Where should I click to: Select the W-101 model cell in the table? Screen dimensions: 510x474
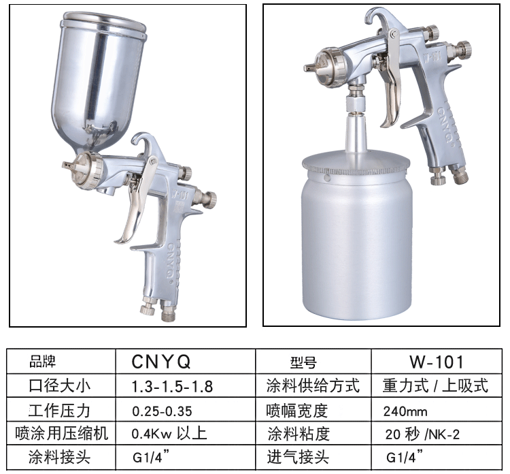[437, 362]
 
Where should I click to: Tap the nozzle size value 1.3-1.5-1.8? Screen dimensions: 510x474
[172, 386]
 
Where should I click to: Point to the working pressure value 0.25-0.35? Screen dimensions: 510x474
[162, 411]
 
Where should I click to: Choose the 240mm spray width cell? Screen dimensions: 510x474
[405, 411]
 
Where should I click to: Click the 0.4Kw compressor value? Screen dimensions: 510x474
[169, 434]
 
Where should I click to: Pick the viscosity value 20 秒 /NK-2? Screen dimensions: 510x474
[422, 434]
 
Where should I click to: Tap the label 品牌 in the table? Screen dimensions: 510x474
[43, 362]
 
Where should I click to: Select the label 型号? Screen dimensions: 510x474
[303, 362]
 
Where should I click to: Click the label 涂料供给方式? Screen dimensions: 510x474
[313, 385]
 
